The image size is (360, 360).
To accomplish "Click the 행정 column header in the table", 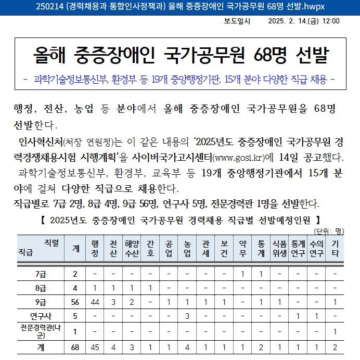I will pyautogui.click(x=94, y=249).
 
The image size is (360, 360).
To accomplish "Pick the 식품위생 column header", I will pyautogui.click(x=279, y=249).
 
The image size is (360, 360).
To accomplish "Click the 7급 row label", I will pyautogui.click(x=40, y=274).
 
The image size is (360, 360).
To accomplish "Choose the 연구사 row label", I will pyautogui.click(x=40, y=315).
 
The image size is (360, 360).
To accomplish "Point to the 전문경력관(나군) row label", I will pyautogui.click(x=40, y=331).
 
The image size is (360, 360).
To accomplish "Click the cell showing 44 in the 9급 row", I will pyautogui.click(x=94, y=302).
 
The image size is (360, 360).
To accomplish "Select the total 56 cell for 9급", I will pyautogui.click(x=75, y=302).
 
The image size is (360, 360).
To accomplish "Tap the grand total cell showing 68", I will pyautogui.click(x=75, y=347).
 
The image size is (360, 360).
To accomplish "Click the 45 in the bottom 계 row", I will pyautogui.click(x=94, y=347).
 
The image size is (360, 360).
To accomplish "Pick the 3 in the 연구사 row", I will pyautogui.click(x=186, y=315).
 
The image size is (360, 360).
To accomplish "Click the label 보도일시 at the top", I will pyautogui.click(x=237, y=21).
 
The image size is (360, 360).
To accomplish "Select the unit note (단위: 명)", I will pyautogui.click(x=329, y=230).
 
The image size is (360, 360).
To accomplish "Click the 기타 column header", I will pyautogui.click(x=335, y=249).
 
